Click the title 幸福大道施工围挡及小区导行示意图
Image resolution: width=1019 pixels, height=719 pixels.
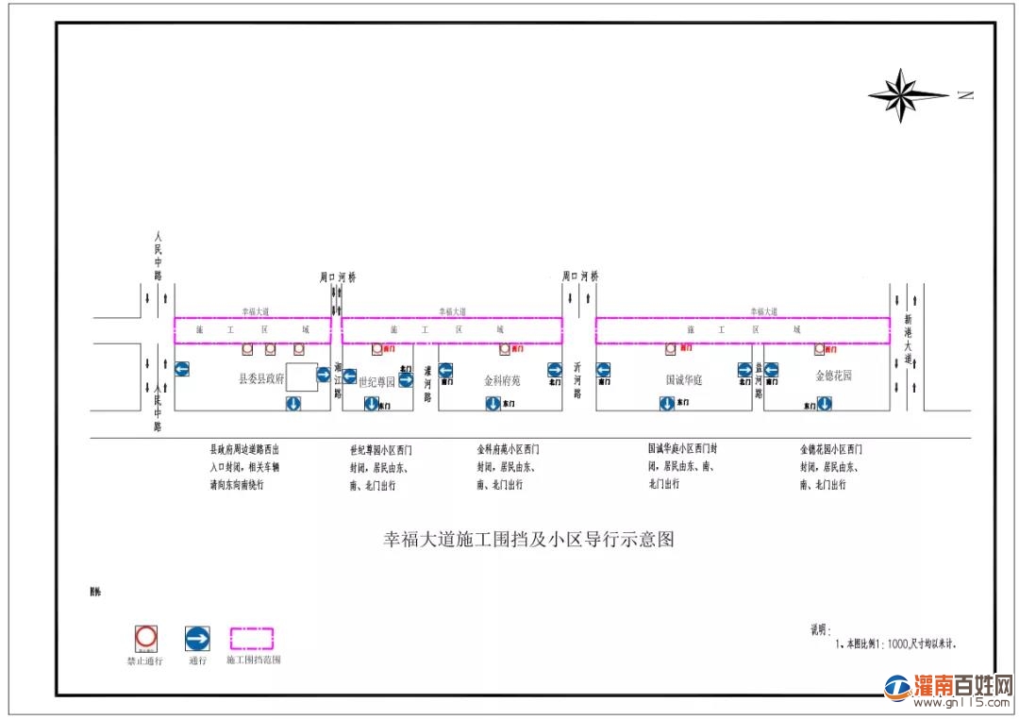(528, 540)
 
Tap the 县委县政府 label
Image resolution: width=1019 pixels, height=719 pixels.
(260, 377)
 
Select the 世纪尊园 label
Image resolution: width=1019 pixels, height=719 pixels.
(376, 382)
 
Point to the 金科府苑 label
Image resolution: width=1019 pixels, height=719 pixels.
(502, 381)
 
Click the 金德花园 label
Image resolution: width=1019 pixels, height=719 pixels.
(833, 375)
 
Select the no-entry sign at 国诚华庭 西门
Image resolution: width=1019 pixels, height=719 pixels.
(671, 348)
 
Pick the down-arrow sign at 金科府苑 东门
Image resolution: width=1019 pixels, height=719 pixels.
(493, 404)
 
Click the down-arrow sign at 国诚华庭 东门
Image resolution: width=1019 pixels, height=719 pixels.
(667, 404)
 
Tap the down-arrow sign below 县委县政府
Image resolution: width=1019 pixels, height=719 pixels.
(293, 404)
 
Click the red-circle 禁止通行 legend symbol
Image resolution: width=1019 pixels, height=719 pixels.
(146, 638)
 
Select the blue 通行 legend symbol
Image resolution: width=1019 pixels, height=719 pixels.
(197, 639)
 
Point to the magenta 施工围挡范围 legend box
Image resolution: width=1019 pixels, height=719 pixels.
(252, 639)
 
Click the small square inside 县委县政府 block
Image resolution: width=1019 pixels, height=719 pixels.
(302, 376)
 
